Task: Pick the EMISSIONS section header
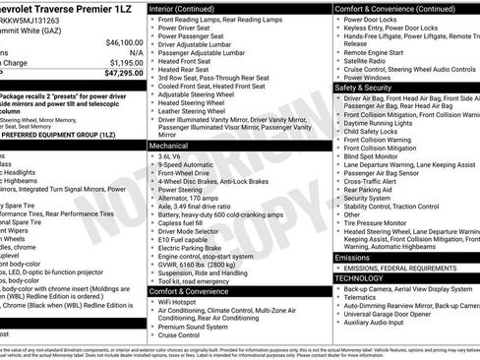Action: coord(360,257)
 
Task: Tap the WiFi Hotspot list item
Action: coord(184,302)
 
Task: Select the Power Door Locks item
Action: coord(375,19)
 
